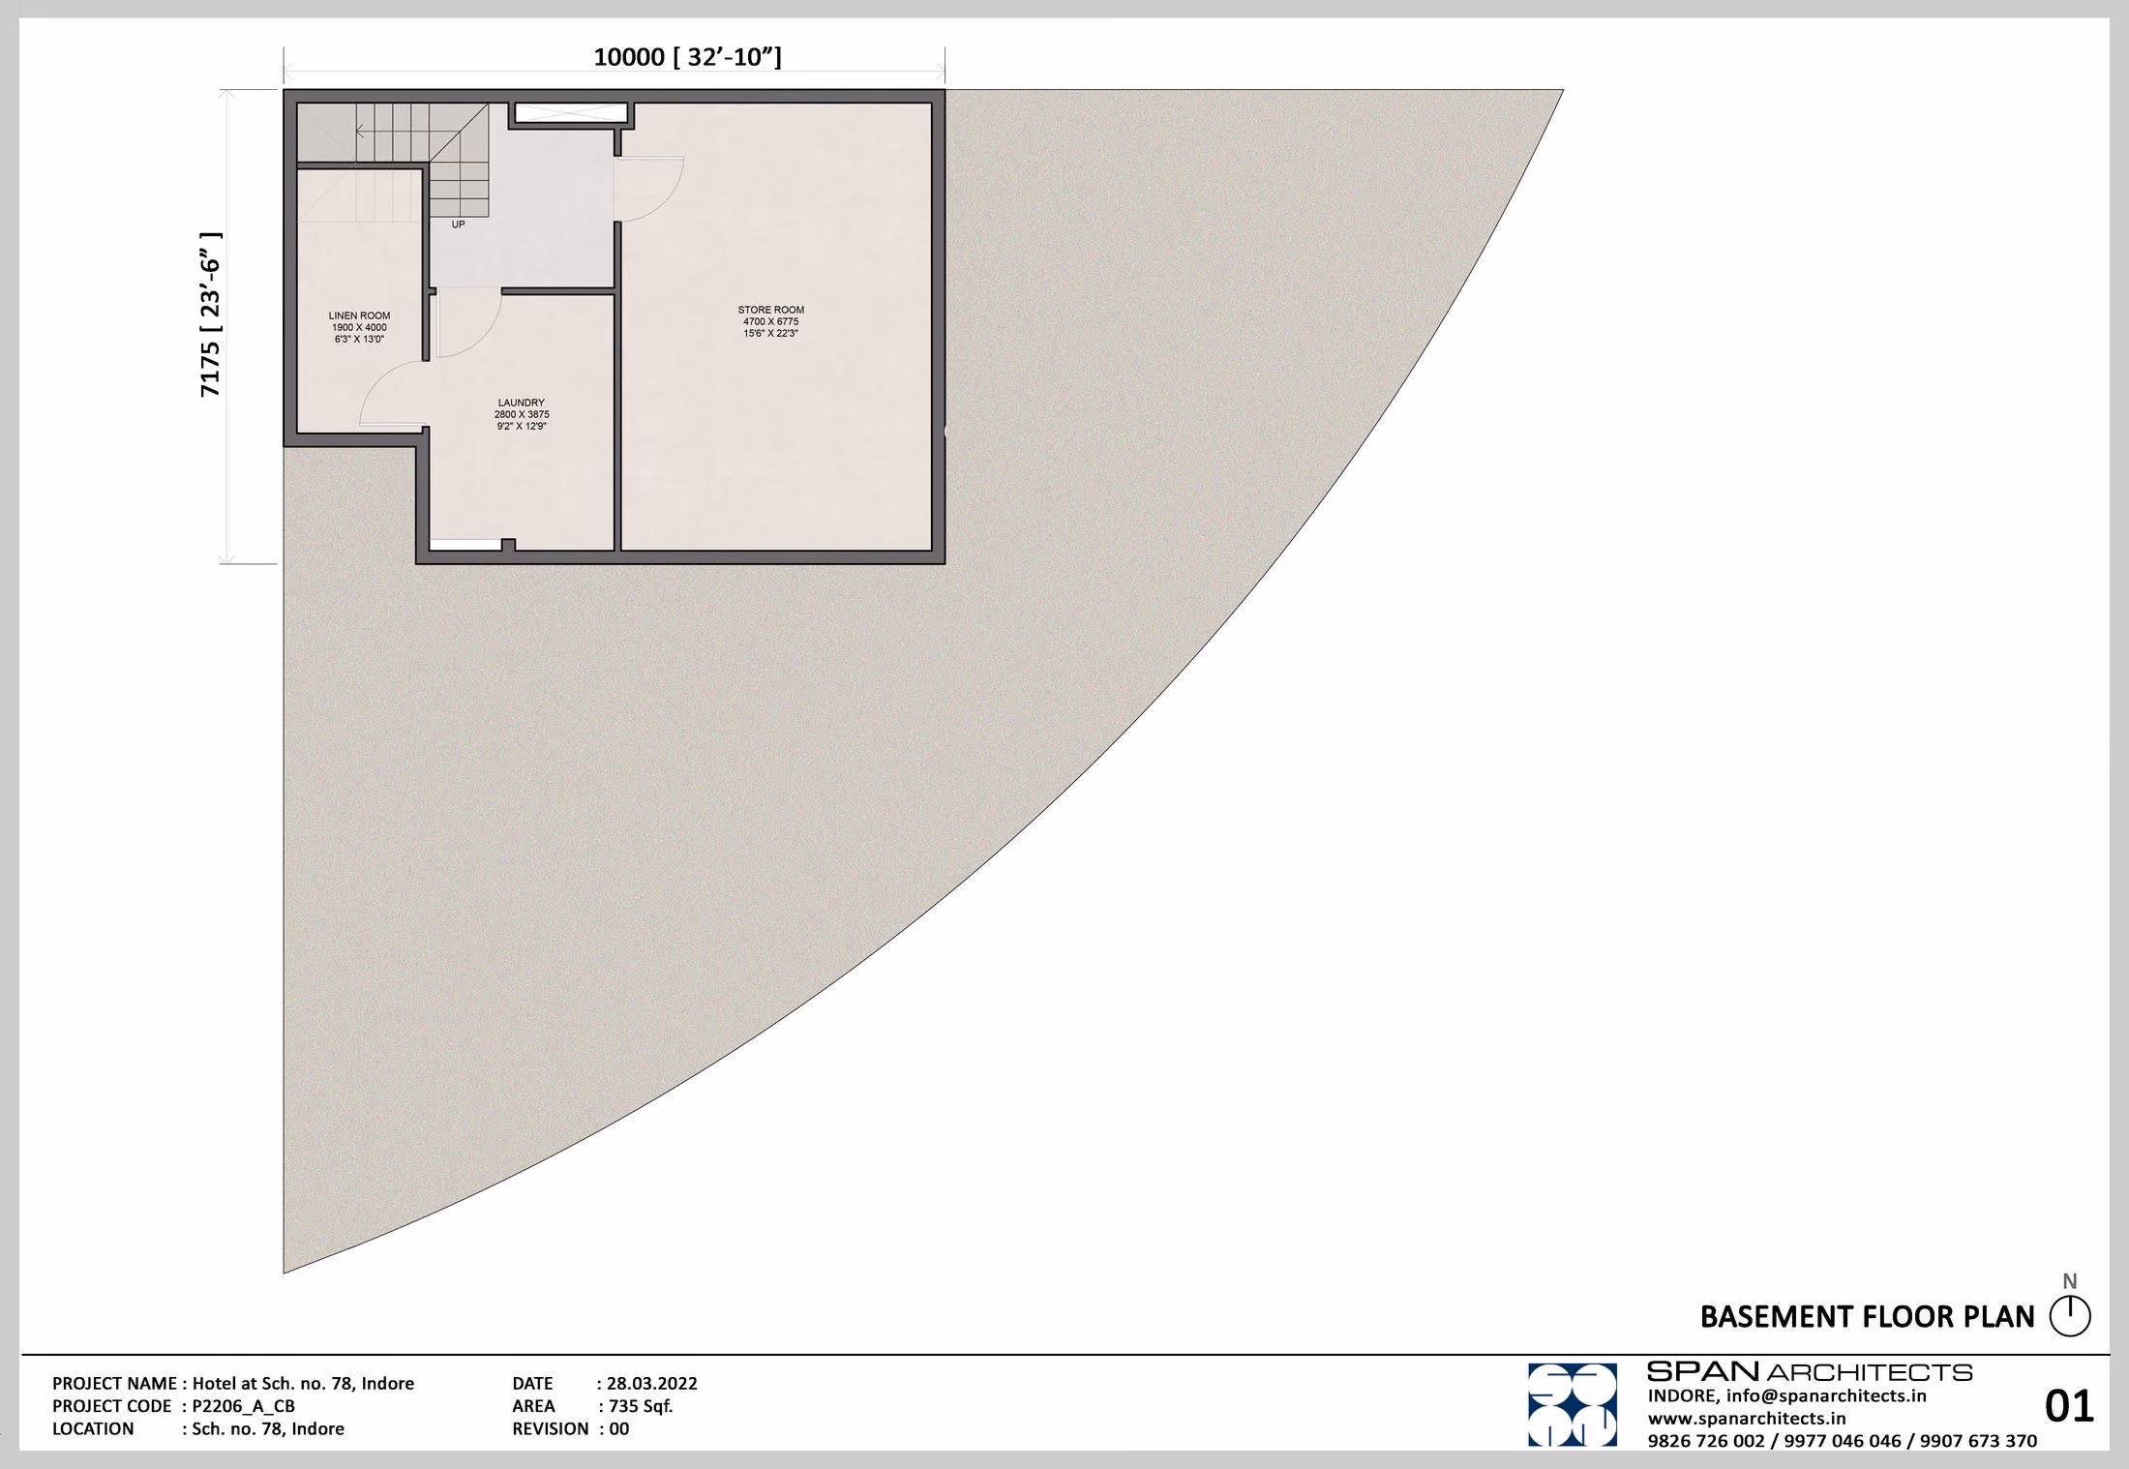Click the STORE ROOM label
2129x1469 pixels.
pos(771,310)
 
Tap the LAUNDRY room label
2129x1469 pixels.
pos(522,403)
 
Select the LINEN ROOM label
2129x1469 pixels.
pos(360,315)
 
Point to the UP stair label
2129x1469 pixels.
pos(459,225)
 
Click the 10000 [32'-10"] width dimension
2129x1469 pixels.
pos(687,57)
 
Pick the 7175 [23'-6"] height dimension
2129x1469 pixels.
pos(211,315)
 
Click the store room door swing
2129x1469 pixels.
pos(650,190)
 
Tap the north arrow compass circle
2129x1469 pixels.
pos(2070,1317)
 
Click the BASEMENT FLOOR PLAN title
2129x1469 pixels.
pos(1868,1317)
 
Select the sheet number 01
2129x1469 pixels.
pos(2069,1406)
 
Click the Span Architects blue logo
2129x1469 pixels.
pos(1573,1405)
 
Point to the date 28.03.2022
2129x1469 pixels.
pos(652,1384)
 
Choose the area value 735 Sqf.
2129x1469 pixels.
pos(641,1406)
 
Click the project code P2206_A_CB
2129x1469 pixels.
pos(243,1407)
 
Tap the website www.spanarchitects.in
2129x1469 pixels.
pos(1747,1419)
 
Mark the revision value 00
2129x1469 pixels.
pos(619,1429)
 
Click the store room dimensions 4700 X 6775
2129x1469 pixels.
pos(771,321)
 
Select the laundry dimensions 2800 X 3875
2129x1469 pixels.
pos(522,414)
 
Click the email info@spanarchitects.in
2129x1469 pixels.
pos(1826,1396)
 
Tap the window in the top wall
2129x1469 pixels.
pos(571,113)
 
